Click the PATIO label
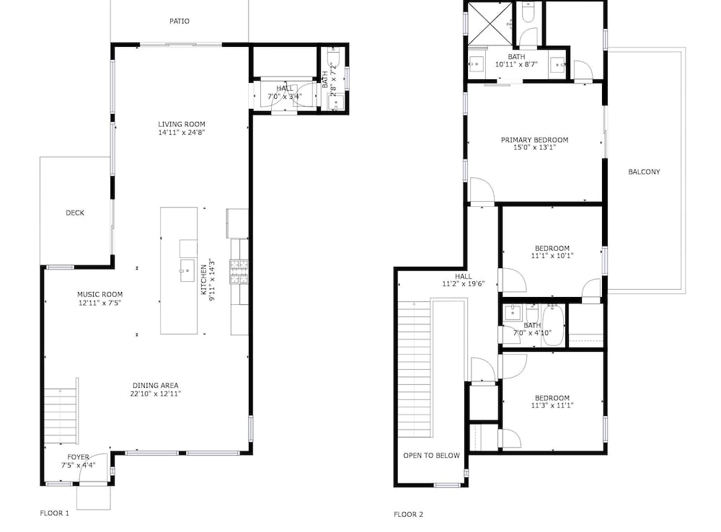[180, 21]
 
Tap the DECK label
[75, 213]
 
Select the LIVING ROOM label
[182, 124]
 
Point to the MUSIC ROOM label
[99, 294]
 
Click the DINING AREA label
[156, 386]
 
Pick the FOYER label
[78, 457]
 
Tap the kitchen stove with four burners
[239, 271]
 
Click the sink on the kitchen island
[187, 270]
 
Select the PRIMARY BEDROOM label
[535, 140]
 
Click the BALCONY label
[644, 172]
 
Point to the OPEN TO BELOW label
[431, 456]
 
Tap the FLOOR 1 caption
[54, 513]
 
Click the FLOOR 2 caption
[408, 515]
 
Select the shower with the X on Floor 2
[490, 23]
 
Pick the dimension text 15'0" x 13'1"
[535, 148]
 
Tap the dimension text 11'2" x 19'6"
[464, 284]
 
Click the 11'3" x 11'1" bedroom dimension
[552, 406]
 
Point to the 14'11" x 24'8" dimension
[182, 133]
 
